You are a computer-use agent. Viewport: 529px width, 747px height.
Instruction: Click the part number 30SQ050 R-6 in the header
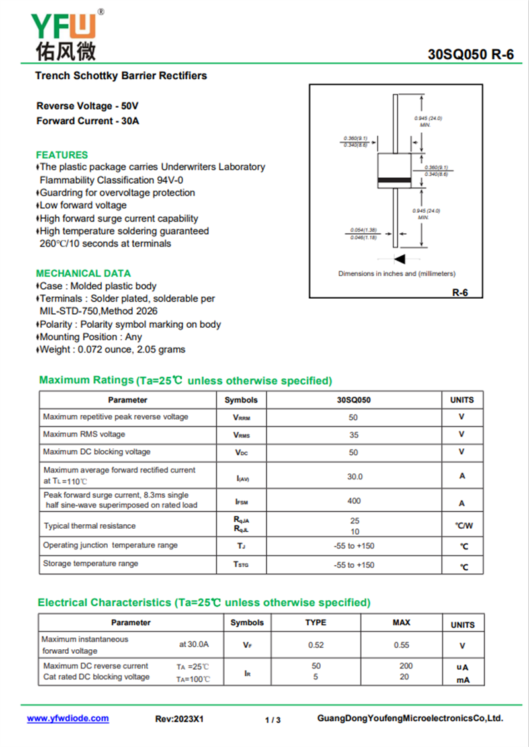[x=471, y=55]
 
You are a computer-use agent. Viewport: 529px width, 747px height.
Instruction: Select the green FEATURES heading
[x=61, y=155]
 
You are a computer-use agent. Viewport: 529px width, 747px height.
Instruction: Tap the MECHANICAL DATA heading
[x=83, y=273]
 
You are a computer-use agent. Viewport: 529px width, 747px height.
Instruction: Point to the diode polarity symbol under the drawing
[x=399, y=258]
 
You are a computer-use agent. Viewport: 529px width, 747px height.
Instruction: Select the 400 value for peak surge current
[x=354, y=501]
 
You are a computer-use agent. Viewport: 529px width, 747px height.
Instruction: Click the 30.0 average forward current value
[x=354, y=476]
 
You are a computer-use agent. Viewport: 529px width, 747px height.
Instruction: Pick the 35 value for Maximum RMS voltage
[x=354, y=435]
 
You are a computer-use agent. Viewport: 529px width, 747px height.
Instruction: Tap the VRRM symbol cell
[x=241, y=418]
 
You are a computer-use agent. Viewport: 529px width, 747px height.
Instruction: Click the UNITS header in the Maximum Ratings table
[x=462, y=400]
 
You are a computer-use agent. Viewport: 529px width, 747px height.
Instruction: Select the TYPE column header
[x=315, y=623]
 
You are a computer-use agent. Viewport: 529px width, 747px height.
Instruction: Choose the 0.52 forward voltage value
[x=315, y=645]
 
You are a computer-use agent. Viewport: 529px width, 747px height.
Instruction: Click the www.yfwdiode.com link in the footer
[x=67, y=719]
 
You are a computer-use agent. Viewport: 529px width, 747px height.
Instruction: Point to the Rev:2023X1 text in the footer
[x=179, y=719]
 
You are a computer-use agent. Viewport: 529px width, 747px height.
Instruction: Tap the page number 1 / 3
[x=272, y=720]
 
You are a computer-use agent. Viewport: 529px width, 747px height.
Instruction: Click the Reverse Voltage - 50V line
[x=87, y=106]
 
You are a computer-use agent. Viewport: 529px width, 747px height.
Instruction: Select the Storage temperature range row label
[x=91, y=564]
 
